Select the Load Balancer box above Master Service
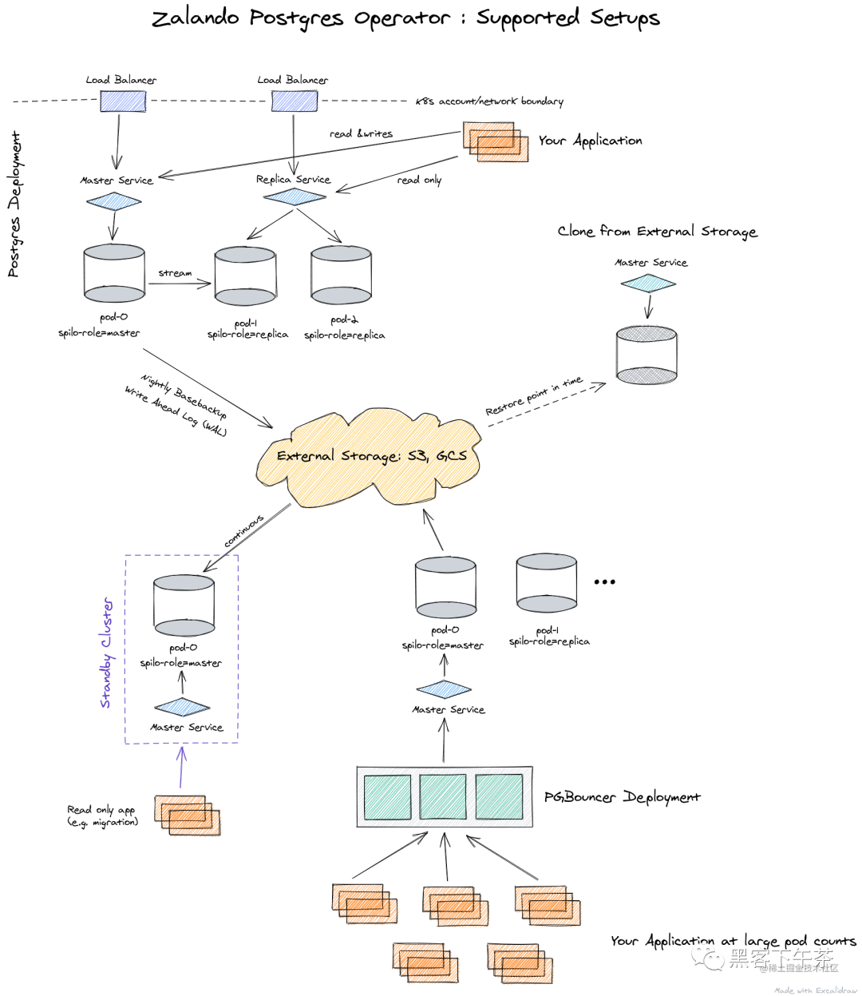click(x=123, y=101)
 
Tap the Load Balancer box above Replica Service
click(x=294, y=101)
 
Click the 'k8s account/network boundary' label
click(x=489, y=101)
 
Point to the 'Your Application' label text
click(x=590, y=141)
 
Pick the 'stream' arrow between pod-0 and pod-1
click(x=180, y=282)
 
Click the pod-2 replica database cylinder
click(x=342, y=276)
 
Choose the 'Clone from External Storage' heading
click(x=657, y=232)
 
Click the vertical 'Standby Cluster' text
click(x=107, y=653)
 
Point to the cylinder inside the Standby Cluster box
click(x=184, y=605)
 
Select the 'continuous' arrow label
click(x=243, y=531)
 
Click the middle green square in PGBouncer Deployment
click(x=443, y=796)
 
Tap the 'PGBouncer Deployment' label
click(x=622, y=797)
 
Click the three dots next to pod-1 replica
click(x=604, y=581)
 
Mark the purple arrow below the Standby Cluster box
click(x=182, y=767)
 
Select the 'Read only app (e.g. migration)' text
click(x=102, y=815)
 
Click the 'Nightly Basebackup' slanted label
click(x=184, y=396)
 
